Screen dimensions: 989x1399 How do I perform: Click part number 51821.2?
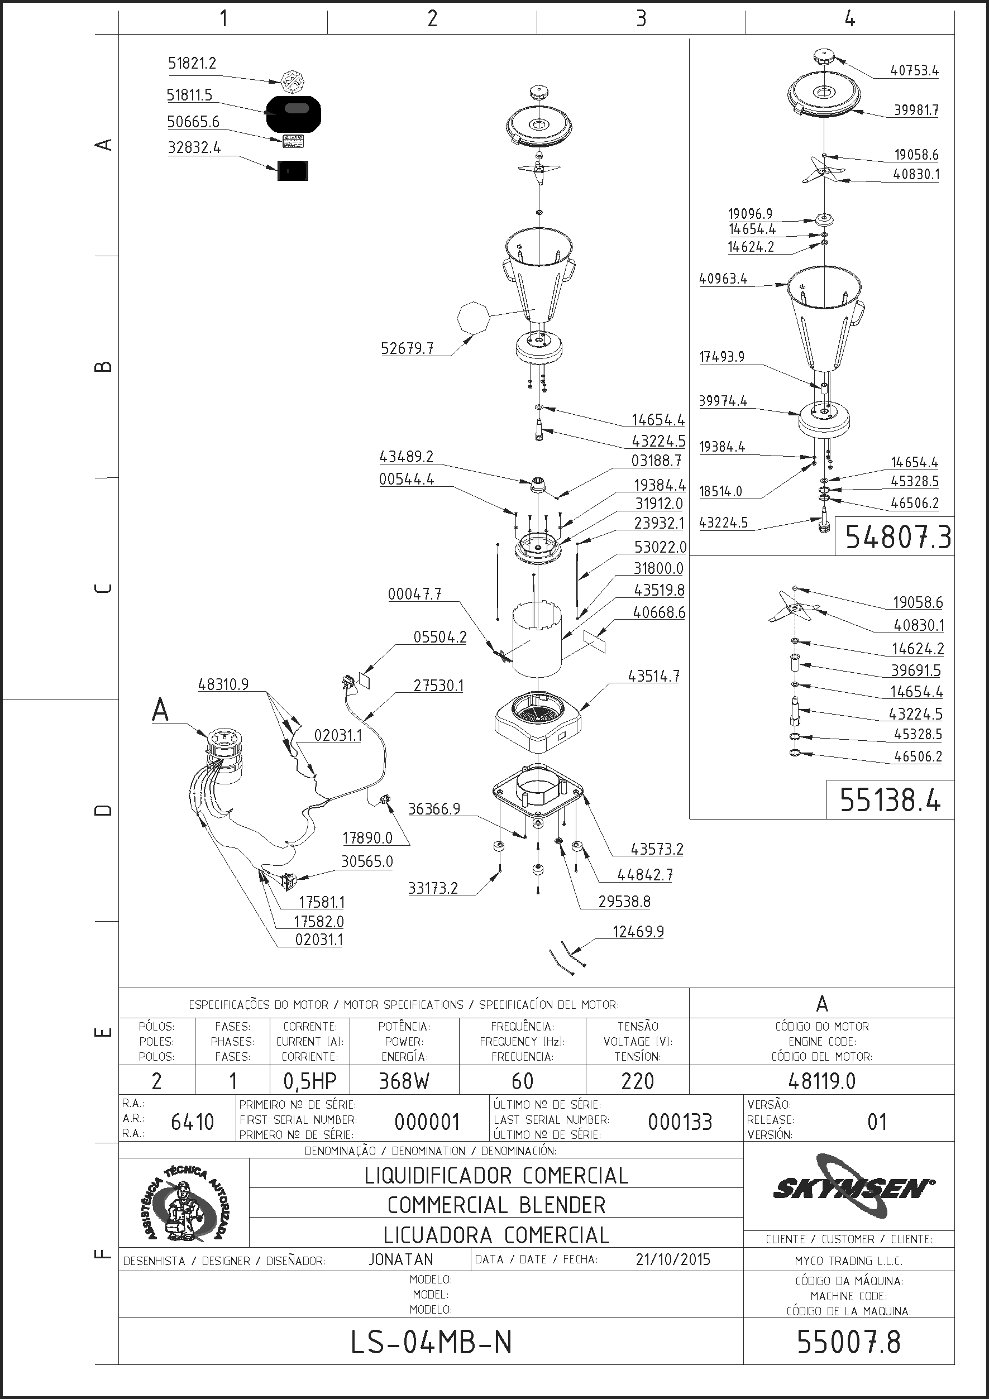coord(192,64)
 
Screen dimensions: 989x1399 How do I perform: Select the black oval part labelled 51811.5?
coord(293,113)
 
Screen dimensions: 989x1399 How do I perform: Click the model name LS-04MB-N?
coord(432,1341)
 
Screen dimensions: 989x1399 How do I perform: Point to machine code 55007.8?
coord(849,1341)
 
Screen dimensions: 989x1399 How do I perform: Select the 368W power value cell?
coord(404,1081)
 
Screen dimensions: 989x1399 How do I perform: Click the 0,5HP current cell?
coord(309,1081)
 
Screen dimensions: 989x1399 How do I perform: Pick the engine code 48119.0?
coord(822,1081)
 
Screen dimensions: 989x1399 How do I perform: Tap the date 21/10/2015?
coord(673,1259)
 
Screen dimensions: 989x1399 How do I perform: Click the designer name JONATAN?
coord(401,1259)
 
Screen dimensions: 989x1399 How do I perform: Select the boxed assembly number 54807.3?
coord(897,538)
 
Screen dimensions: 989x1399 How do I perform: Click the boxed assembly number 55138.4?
coord(890,799)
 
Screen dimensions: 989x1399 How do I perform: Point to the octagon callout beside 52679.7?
coord(474,318)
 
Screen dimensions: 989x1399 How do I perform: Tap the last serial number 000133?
coord(680,1122)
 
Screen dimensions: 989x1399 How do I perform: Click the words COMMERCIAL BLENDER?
coord(496,1205)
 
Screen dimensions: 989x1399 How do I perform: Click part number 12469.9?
coord(638,932)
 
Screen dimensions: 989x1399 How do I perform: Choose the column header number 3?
coord(641,19)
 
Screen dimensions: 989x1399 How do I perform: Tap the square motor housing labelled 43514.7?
coord(537,722)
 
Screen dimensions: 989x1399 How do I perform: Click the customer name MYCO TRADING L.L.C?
coord(849,1261)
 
